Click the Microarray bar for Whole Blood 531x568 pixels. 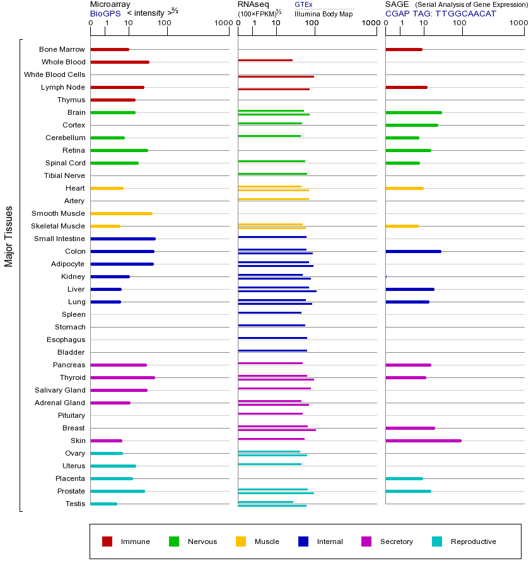pos(120,62)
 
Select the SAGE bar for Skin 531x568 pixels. pos(423,441)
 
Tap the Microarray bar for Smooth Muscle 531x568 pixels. pos(121,213)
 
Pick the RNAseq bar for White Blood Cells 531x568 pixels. pos(276,76)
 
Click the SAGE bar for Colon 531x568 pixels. pos(413,251)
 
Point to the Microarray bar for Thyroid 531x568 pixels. pos(122,377)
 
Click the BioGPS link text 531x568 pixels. pos(104,13)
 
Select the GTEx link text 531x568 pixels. pos(303,4)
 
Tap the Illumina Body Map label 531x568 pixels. pos(324,13)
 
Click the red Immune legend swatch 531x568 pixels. pos(107,541)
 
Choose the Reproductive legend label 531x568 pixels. pos(473,541)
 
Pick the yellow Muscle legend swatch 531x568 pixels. pos(241,541)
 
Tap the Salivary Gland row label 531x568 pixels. pos(60,390)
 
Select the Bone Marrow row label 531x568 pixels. pos(62,49)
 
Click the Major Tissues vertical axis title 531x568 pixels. pos(9,236)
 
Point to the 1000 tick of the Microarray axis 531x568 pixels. pos(222,23)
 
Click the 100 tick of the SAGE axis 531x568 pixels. pos(459,23)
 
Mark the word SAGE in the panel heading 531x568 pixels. pos(397,4)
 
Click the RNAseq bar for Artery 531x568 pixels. pos(273,199)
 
